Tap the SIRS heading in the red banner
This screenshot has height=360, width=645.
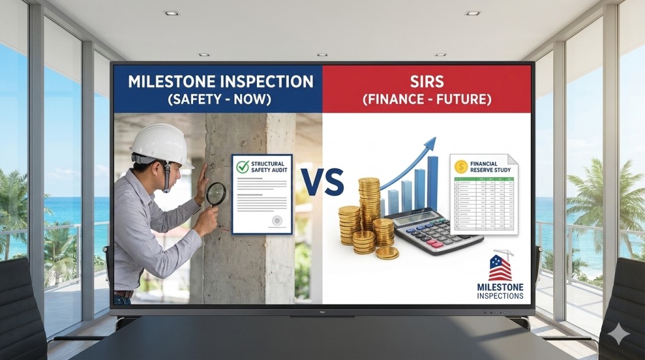pos(426,81)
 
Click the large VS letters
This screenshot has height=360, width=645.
pos(322,182)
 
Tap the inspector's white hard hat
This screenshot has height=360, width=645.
pos(161,144)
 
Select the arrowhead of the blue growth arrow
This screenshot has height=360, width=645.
pos(429,146)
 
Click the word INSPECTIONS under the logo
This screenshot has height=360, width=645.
pos(500,296)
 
